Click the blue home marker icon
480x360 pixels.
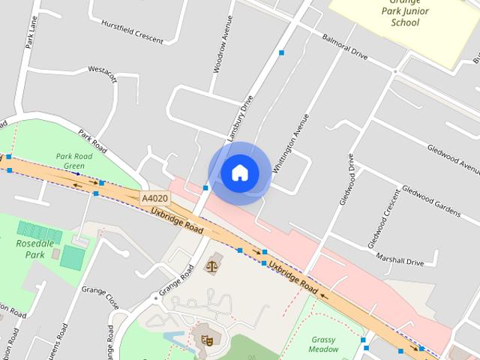239,173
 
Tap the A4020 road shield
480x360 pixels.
154,198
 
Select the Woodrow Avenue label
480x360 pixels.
217,52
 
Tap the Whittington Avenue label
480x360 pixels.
291,143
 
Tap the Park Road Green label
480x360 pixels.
74,161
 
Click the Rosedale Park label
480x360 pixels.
31,248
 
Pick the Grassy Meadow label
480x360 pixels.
323,343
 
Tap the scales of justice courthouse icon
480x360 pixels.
213,263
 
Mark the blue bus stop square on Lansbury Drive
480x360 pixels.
281,52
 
